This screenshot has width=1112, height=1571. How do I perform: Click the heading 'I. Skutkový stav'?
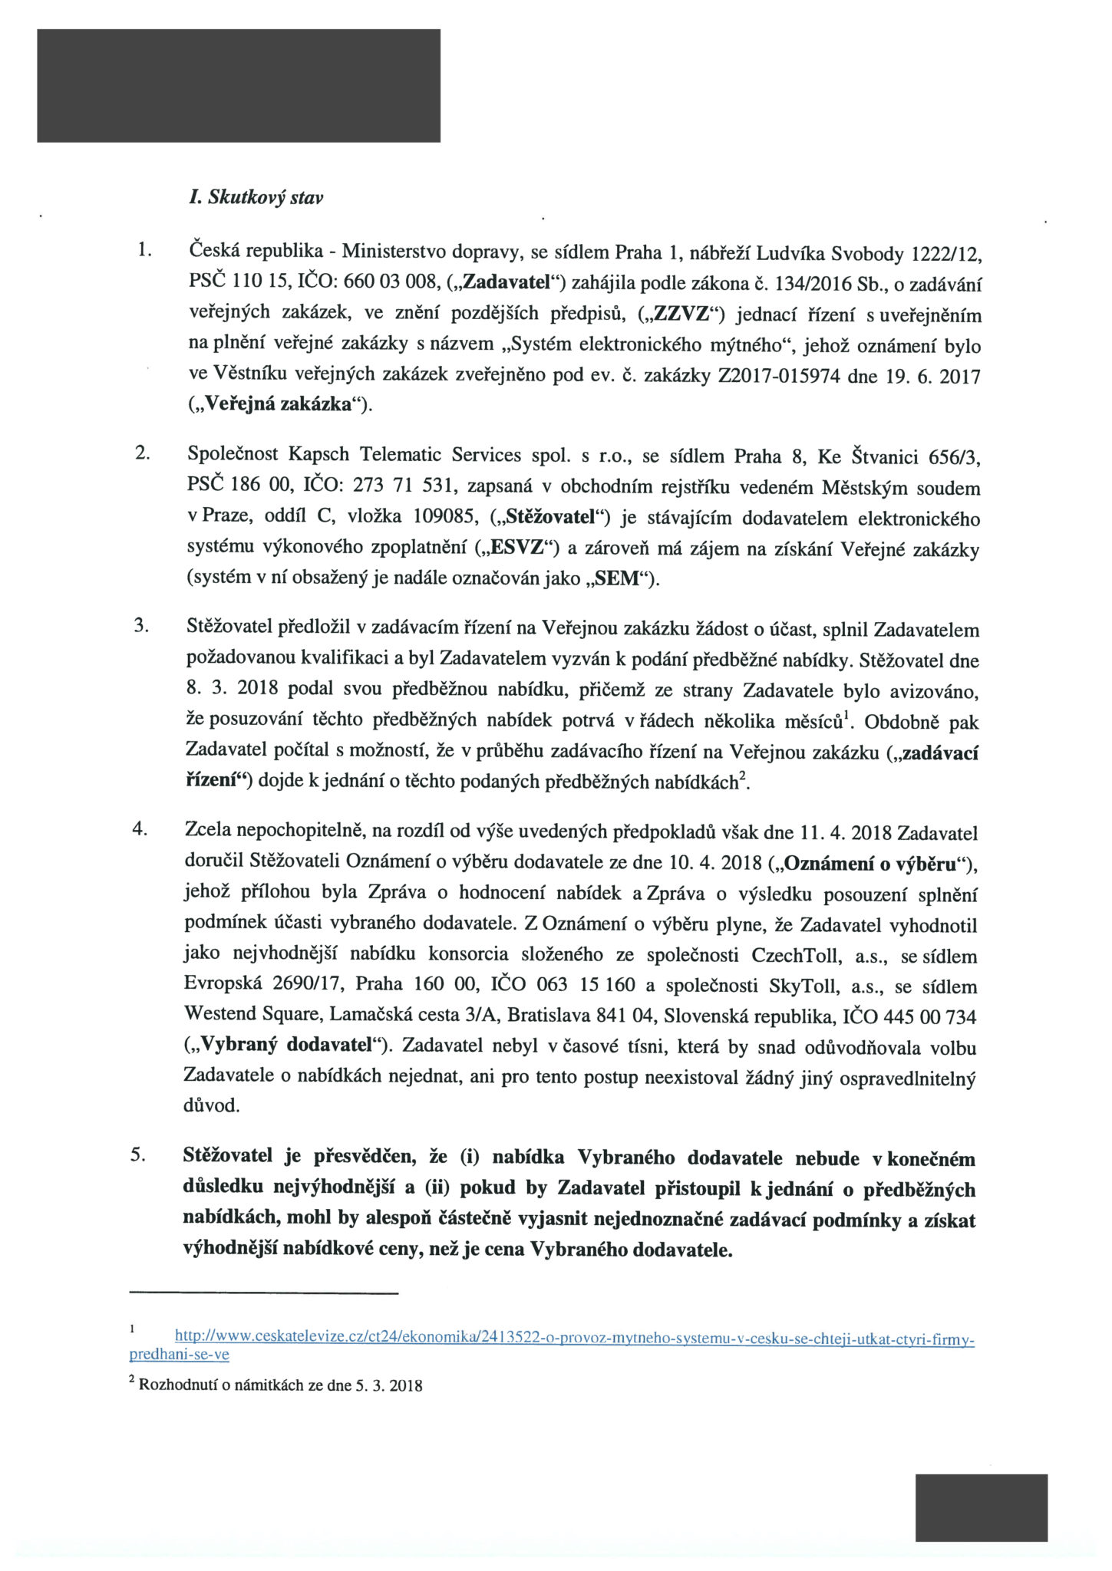pyautogui.click(x=255, y=198)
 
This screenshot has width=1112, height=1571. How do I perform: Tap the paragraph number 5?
pyautogui.click(x=138, y=1156)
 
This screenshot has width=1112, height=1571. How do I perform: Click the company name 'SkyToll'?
pyautogui.click(x=808, y=986)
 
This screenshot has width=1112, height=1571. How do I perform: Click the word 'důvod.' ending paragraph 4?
pyautogui.click(x=212, y=1106)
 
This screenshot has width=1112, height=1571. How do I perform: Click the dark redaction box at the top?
pyautogui.click(x=239, y=85)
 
